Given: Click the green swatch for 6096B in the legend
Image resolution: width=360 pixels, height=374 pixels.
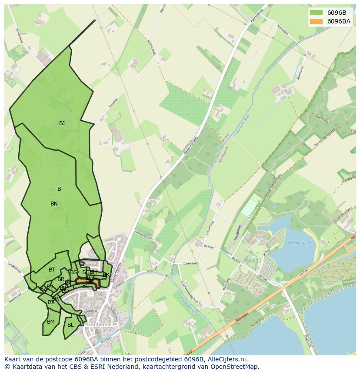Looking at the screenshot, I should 316,13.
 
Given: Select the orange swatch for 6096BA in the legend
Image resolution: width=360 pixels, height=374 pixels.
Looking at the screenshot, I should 316,21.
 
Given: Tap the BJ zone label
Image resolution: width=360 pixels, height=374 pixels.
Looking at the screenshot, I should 62,123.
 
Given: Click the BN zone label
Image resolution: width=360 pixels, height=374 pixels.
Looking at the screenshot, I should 54,204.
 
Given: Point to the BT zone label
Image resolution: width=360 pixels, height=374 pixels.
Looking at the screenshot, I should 52,270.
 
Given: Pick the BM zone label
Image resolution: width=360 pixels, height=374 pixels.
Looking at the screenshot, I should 51,322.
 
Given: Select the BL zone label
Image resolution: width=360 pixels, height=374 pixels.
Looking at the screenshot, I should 70,325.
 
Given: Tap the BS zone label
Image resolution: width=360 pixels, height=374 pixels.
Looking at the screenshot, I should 73,272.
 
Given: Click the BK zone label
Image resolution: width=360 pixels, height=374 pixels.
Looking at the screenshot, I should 106,275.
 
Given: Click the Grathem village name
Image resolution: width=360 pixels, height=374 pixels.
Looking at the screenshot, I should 97,324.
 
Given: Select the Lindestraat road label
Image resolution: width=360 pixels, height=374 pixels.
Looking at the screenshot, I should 14,265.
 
